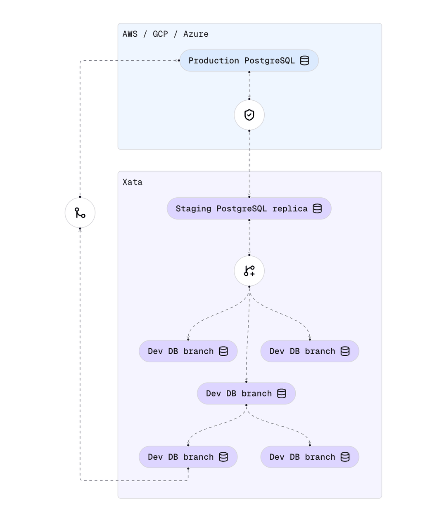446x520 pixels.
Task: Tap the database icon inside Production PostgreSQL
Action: pyautogui.click(x=305, y=61)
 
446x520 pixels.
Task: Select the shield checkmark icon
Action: pyautogui.click(x=249, y=115)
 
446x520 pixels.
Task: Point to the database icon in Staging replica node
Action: pyautogui.click(x=317, y=208)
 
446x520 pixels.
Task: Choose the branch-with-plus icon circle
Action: pyautogui.click(x=249, y=271)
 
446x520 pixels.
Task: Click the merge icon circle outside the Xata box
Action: pyautogui.click(x=80, y=213)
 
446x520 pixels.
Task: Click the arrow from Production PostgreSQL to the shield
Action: pyautogui.click(x=249, y=85)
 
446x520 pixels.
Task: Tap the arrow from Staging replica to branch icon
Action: pyautogui.click(x=249, y=237)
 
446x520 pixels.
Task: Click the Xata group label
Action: pyautogui.click(x=133, y=182)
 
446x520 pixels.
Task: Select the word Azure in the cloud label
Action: pyautogui.click(x=196, y=34)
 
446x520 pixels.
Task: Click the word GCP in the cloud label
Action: pyautogui.click(x=160, y=34)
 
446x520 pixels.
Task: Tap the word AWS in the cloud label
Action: pyautogui.click(x=130, y=34)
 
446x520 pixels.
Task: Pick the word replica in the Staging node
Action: pyautogui.click(x=290, y=208)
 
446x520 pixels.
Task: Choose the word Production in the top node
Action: pyautogui.click(x=214, y=61)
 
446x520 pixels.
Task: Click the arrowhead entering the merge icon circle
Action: pyautogui.click(x=80, y=230)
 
